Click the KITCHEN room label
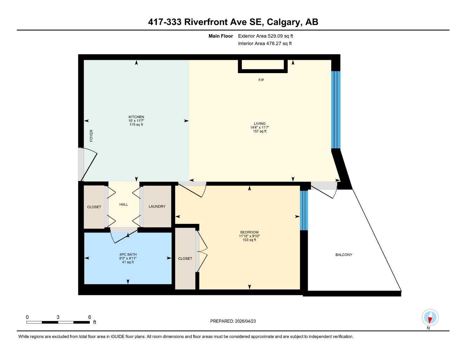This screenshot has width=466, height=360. coord(136,117)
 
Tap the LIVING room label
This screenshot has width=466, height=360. coord(260,124)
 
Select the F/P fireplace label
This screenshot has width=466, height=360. coord(261,80)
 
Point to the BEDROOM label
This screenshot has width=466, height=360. coord(249,232)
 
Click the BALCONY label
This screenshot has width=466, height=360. coord(344,255)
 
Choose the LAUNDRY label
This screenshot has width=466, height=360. coord(157,207)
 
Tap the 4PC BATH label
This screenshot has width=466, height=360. coord(128,255)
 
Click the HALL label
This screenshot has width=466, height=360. coord(123,205)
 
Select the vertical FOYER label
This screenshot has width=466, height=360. coord(91,136)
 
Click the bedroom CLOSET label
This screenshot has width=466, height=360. coord(185,259)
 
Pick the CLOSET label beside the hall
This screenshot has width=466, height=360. coord(94,207)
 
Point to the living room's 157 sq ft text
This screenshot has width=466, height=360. coord(260,131)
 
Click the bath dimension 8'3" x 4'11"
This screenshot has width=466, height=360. coord(128,258)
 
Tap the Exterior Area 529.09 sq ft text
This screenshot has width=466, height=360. coord(266,36)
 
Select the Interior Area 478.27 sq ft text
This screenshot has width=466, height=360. coord(265,44)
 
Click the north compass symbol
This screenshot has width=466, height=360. coord(430,318)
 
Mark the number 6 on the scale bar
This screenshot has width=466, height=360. coord(90,317)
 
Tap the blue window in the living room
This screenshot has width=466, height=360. coord(336,110)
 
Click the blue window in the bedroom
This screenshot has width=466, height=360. coord(304,210)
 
